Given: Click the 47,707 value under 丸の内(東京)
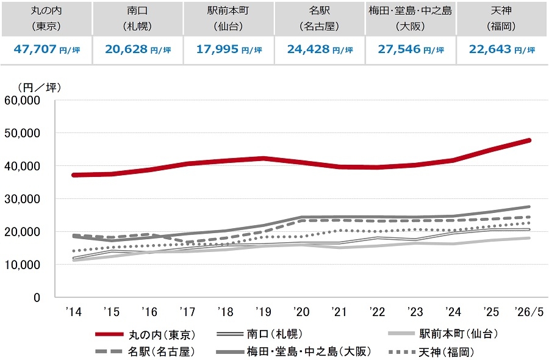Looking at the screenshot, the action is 35,49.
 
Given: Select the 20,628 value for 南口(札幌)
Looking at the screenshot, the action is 126,49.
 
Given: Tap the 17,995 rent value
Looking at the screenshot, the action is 217,49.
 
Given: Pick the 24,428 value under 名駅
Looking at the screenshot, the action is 308,49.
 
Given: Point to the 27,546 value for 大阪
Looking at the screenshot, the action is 399,49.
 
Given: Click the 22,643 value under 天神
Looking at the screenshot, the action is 490,49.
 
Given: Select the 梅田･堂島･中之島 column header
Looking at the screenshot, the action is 411,10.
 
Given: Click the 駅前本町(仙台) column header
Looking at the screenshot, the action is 228,18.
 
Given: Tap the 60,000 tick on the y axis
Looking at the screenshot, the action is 23,101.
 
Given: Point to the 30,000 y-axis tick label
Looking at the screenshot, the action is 23,199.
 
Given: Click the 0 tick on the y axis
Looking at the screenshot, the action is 37,298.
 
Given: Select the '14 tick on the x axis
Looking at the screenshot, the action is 74,312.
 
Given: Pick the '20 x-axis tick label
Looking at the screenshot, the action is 301,312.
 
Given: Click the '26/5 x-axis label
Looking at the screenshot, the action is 529,312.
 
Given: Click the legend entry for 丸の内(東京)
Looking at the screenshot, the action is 145,334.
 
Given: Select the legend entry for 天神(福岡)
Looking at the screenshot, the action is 431,352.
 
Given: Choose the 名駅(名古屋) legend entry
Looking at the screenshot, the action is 145,351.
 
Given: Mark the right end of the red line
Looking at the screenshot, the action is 529,140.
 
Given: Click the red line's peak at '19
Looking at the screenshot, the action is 264,159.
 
